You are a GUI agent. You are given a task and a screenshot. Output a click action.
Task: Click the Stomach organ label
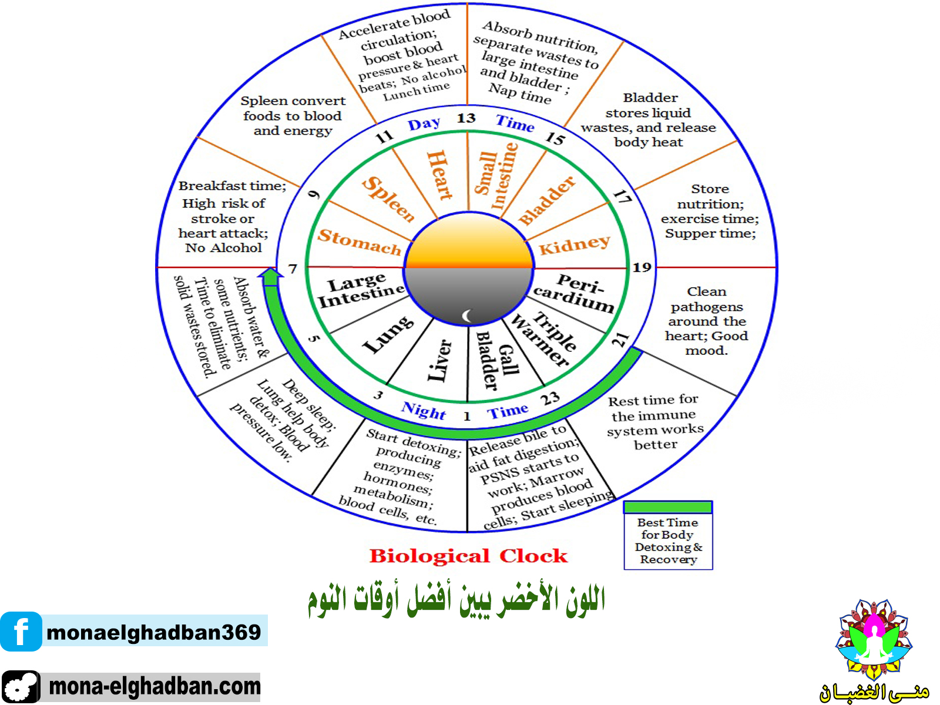point(359,241)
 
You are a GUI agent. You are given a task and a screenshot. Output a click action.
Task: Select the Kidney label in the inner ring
point(574,244)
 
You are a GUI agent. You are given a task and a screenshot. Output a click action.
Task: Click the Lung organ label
point(388,335)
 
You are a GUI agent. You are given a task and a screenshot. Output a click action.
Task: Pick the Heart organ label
point(439,174)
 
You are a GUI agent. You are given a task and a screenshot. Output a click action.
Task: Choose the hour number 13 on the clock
point(466,118)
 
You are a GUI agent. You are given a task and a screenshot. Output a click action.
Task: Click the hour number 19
point(642,267)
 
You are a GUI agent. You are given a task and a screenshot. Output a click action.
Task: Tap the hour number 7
point(293,269)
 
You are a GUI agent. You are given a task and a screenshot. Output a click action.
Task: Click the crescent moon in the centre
point(468,316)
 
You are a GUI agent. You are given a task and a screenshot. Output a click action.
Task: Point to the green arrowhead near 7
point(270,276)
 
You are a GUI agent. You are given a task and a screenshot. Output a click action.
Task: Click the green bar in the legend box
point(668,507)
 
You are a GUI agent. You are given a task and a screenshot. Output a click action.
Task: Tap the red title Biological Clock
point(468,556)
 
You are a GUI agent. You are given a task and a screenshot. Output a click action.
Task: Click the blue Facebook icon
point(21,632)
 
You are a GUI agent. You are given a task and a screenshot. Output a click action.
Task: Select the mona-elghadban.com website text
point(154,686)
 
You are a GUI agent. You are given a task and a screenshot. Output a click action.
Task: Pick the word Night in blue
point(424,410)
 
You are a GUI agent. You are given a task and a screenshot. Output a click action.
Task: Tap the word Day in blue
point(424,124)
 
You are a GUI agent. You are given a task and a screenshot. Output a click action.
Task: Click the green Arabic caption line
point(456,600)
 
